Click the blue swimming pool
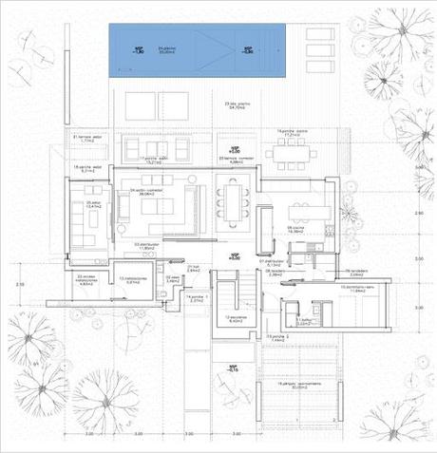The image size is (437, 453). click(x=199, y=47)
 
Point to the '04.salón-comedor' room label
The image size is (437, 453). click(x=145, y=190)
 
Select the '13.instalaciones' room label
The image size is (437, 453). click(x=132, y=280)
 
